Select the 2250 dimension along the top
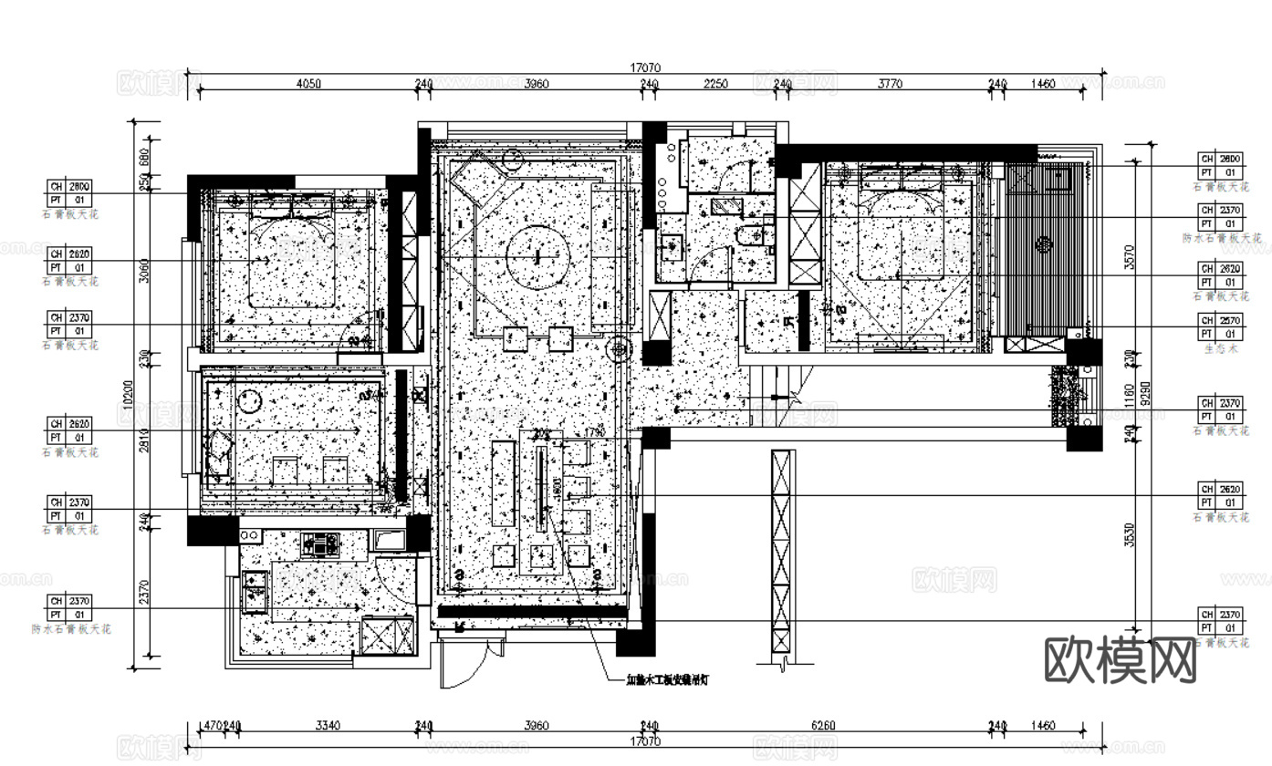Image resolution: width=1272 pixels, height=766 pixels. (715, 84)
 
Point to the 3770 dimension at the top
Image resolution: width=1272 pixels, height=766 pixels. (890, 84)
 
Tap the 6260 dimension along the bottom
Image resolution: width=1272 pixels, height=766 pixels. (823, 726)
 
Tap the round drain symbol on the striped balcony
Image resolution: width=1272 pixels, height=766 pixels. (1042, 243)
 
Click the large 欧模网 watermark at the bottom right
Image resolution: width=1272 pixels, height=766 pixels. (1119, 658)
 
